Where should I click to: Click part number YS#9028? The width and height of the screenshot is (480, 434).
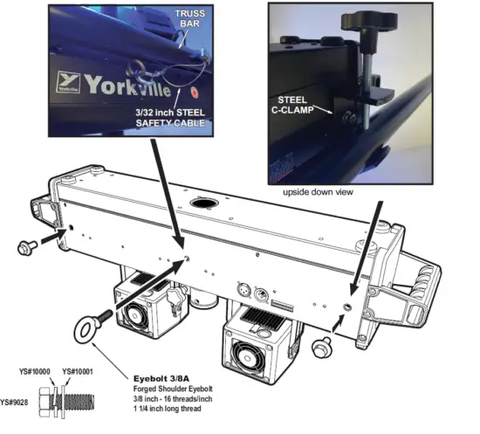click(x=16, y=403)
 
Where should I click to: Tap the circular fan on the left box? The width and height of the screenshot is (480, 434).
click(x=140, y=313)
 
